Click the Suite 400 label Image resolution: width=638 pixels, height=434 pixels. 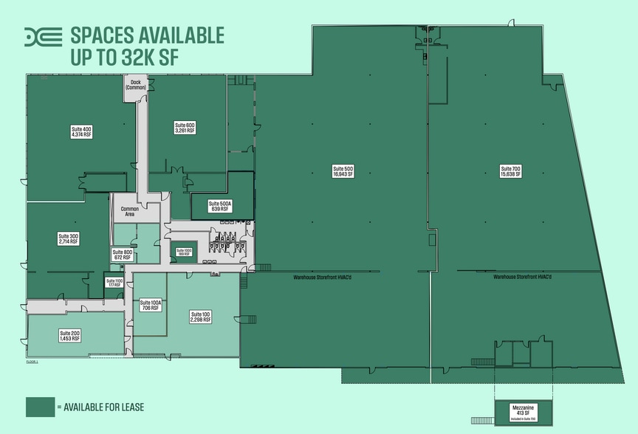click(x=81, y=132)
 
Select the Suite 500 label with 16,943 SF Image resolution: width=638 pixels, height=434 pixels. click(x=343, y=171)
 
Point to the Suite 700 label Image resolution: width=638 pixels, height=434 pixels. click(x=510, y=171)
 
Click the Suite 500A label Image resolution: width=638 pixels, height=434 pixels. click(x=220, y=206)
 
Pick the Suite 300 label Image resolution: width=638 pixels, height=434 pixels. click(x=69, y=238)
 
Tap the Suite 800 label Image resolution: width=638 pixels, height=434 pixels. click(x=122, y=255)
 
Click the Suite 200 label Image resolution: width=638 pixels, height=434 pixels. click(x=70, y=336)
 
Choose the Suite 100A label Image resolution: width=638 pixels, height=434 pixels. click(x=151, y=305)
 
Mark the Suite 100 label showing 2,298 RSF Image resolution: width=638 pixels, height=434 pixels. click(x=200, y=317)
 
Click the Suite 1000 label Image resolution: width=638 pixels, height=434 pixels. click(x=183, y=252)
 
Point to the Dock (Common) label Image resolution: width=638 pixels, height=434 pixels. click(x=135, y=85)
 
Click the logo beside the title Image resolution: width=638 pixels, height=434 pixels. click(x=43, y=36)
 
